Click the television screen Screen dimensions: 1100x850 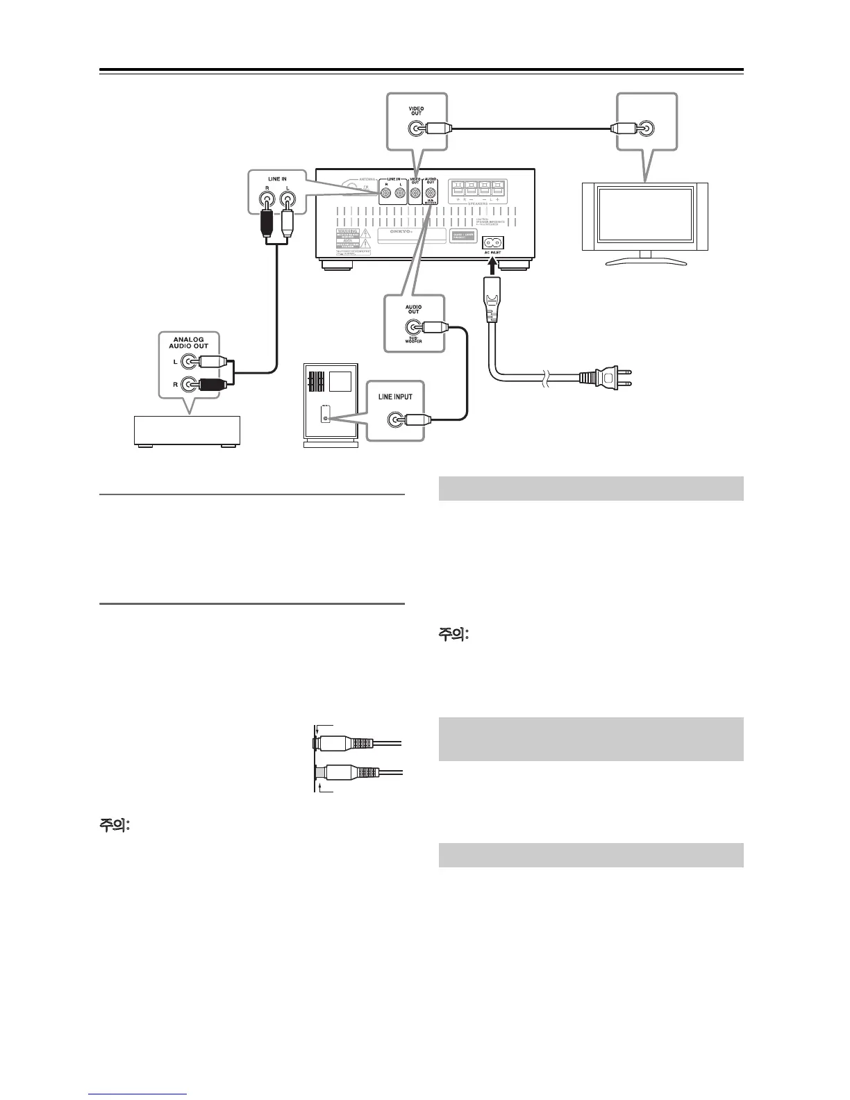[644, 216]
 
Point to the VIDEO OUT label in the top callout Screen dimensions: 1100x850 [416, 111]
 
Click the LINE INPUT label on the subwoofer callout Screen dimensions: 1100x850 [395, 397]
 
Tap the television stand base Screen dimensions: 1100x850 [645, 262]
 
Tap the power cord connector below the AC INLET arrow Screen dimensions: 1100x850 [492, 306]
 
